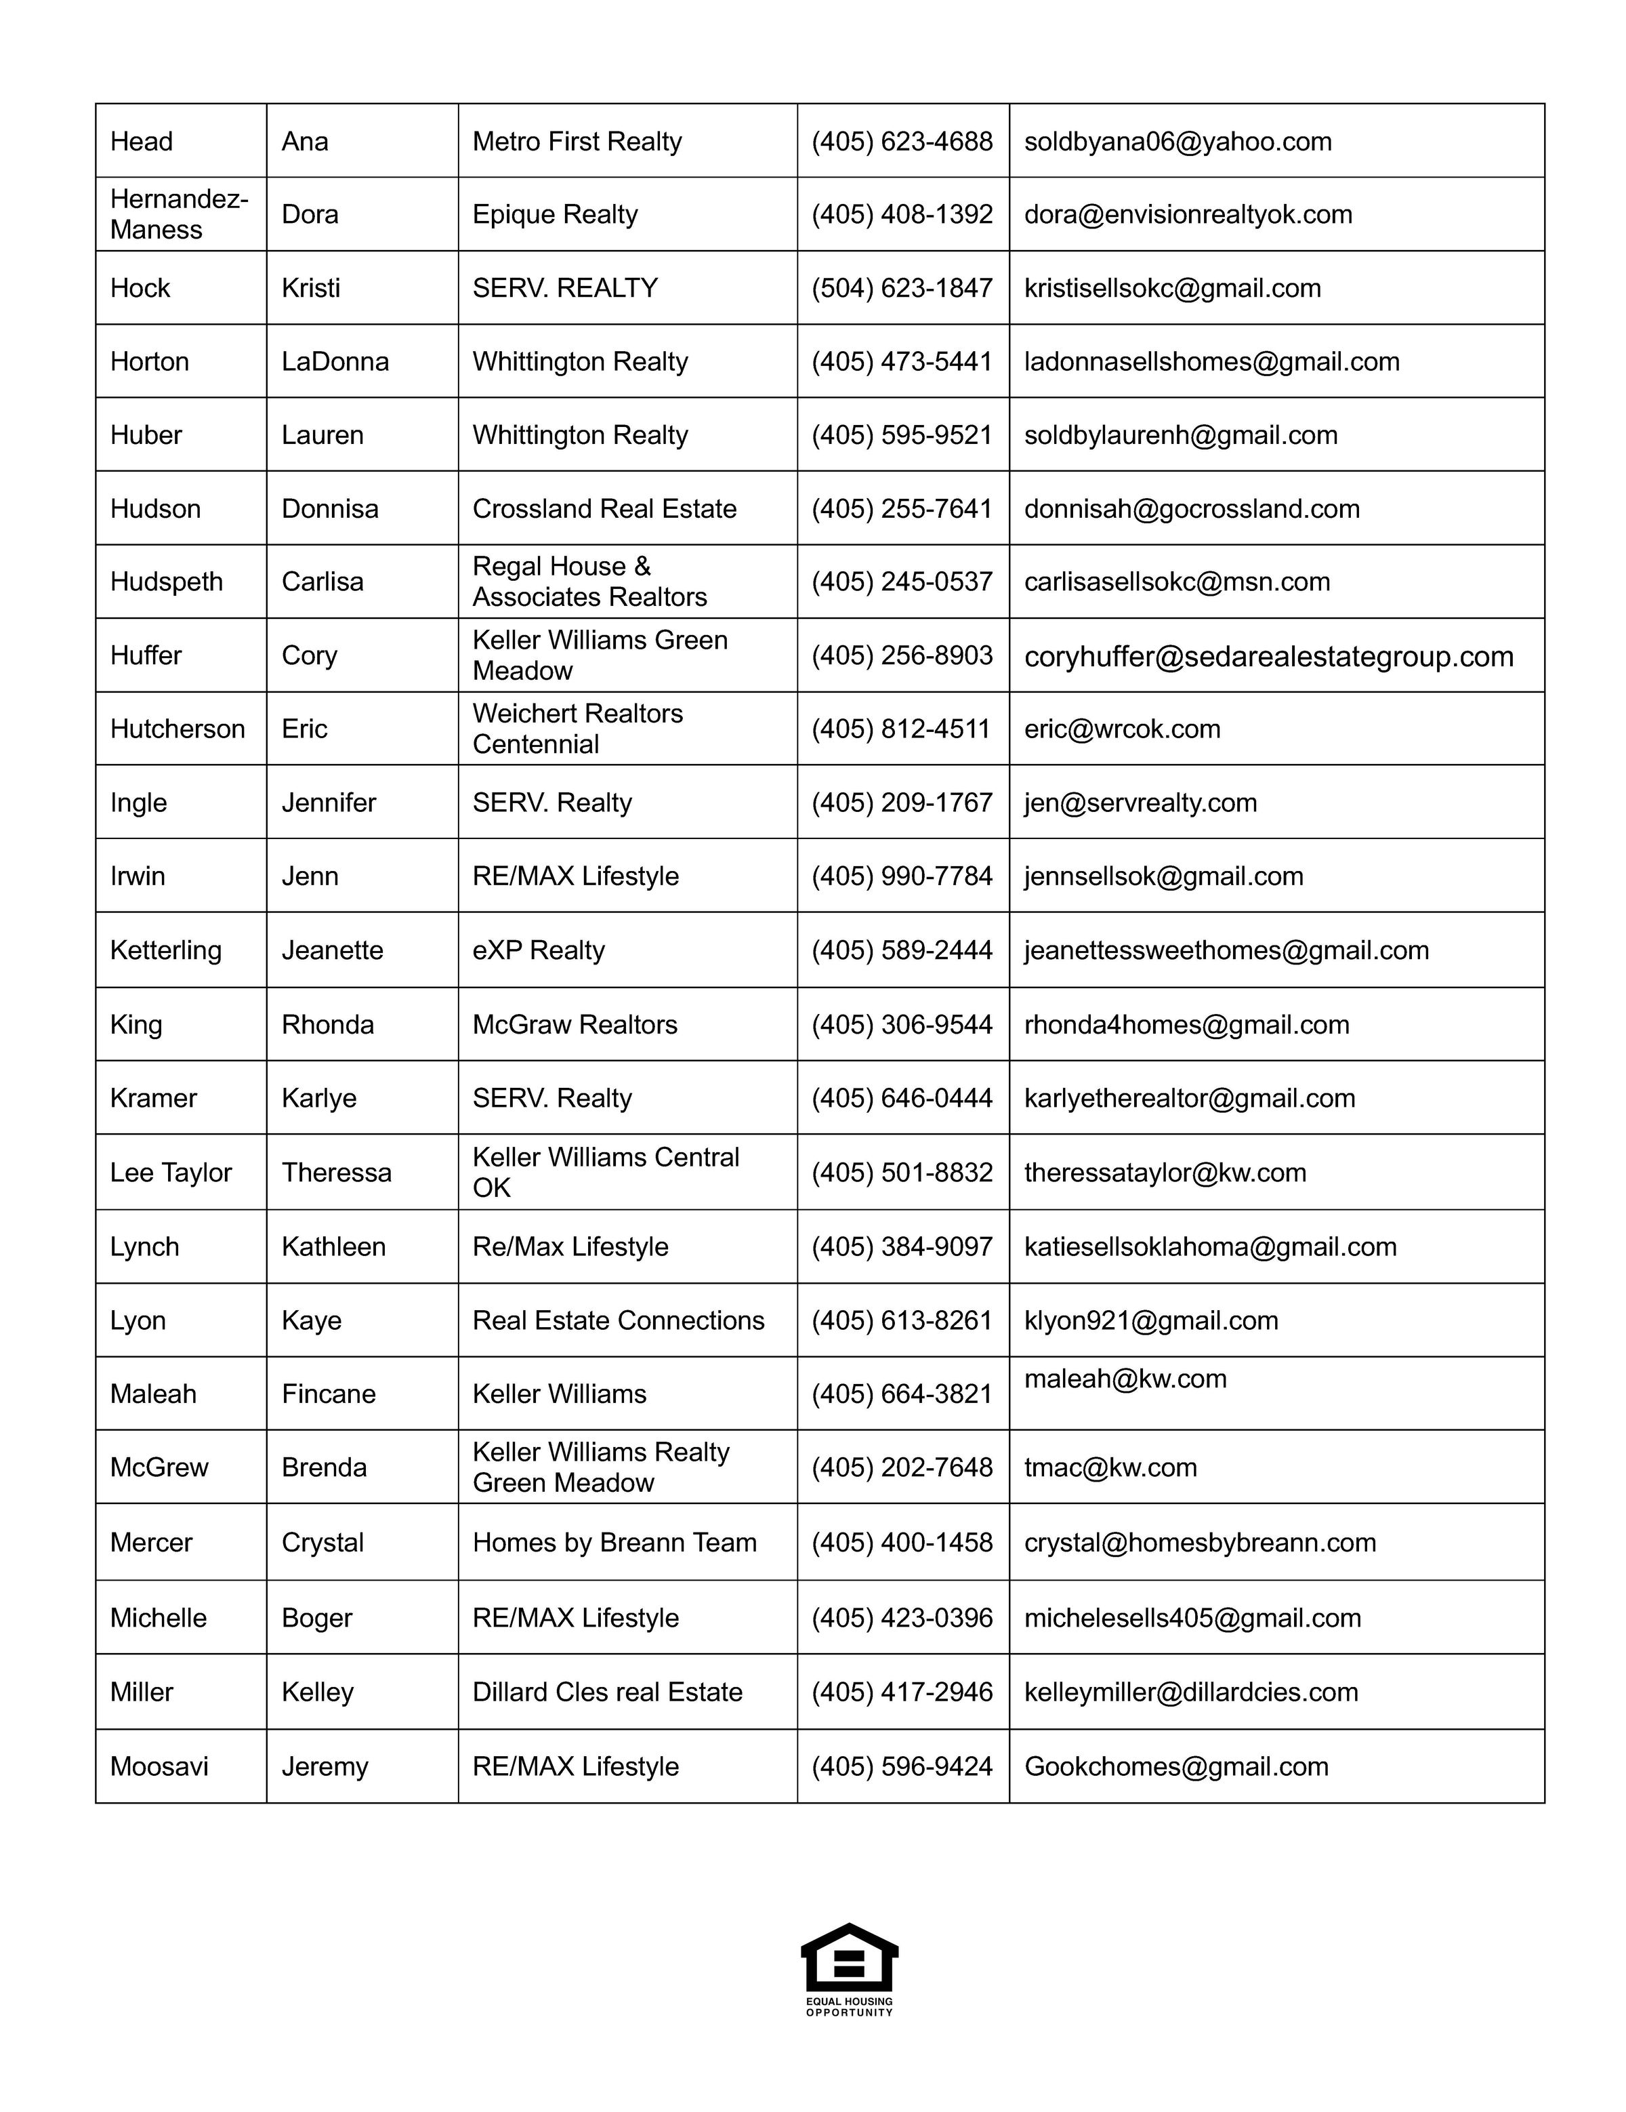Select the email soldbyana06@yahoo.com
click(1177, 141)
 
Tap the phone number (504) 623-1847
click(901, 288)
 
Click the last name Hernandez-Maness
click(179, 214)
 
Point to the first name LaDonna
click(335, 362)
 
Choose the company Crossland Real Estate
click(604, 508)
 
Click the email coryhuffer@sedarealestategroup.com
click(1268, 657)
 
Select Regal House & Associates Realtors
click(589, 581)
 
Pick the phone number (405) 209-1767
click(901, 803)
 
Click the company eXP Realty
click(539, 950)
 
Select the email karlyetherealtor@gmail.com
click(1189, 1097)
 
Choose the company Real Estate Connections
click(618, 1320)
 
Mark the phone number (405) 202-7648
click(901, 1467)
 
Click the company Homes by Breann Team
click(614, 1543)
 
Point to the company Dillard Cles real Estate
click(607, 1691)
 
